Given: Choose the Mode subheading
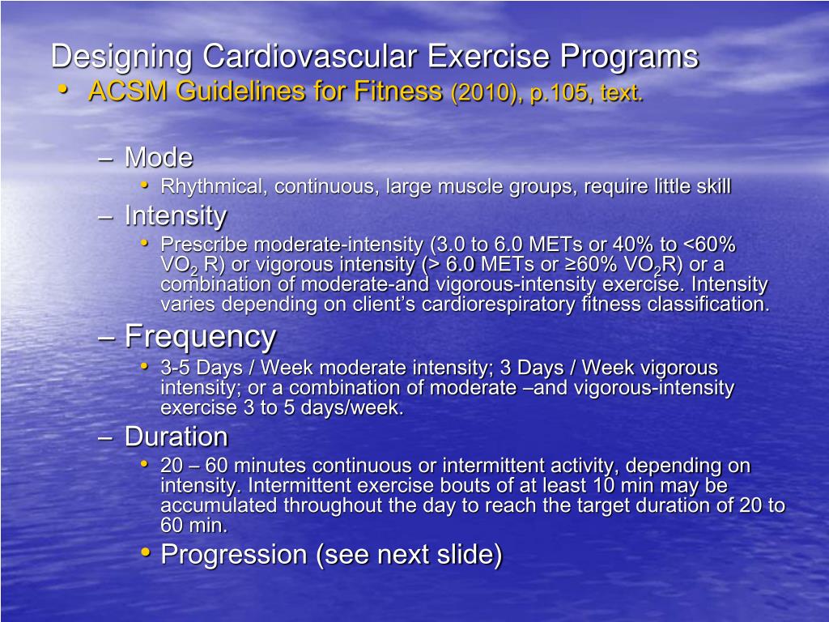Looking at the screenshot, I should coord(159,157).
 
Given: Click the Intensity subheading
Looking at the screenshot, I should coord(176,215).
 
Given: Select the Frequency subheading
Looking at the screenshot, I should coord(200,335).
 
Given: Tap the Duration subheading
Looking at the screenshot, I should coord(176,437).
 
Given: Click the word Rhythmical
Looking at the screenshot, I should coord(214,187).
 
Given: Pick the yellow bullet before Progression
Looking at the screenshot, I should coord(145,552).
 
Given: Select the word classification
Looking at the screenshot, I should coord(707,305).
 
